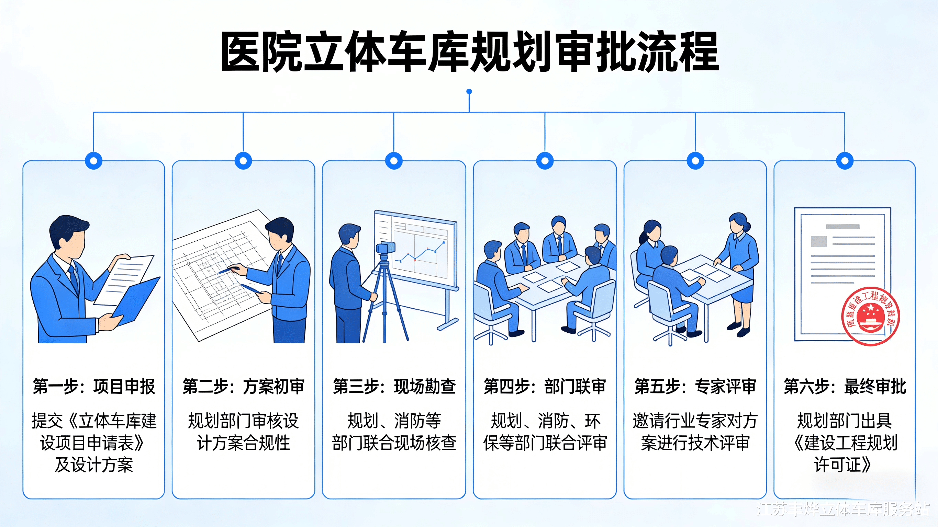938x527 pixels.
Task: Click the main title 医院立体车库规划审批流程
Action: [x=470, y=52]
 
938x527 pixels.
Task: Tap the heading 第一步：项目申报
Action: [x=94, y=387]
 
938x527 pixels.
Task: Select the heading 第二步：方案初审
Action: [x=243, y=387]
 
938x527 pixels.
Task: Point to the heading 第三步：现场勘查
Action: [x=394, y=387]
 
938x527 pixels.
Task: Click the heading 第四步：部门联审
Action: [x=545, y=387]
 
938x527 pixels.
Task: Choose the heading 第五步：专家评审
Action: [x=695, y=387]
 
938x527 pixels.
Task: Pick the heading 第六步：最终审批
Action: [x=845, y=387]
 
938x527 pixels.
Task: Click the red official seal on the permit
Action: [x=870, y=316]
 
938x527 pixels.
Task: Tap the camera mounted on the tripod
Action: [x=385, y=248]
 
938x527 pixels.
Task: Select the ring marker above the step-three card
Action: [x=394, y=160]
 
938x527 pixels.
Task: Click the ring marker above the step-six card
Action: [x=845, y=160]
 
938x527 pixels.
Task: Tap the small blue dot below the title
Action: [x=469, y=92]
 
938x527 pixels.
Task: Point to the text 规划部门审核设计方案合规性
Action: [x=243, y=432]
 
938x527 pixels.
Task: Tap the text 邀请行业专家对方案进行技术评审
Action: [x=695, y=432]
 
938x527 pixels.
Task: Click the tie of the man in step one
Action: [x=74, y=278]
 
